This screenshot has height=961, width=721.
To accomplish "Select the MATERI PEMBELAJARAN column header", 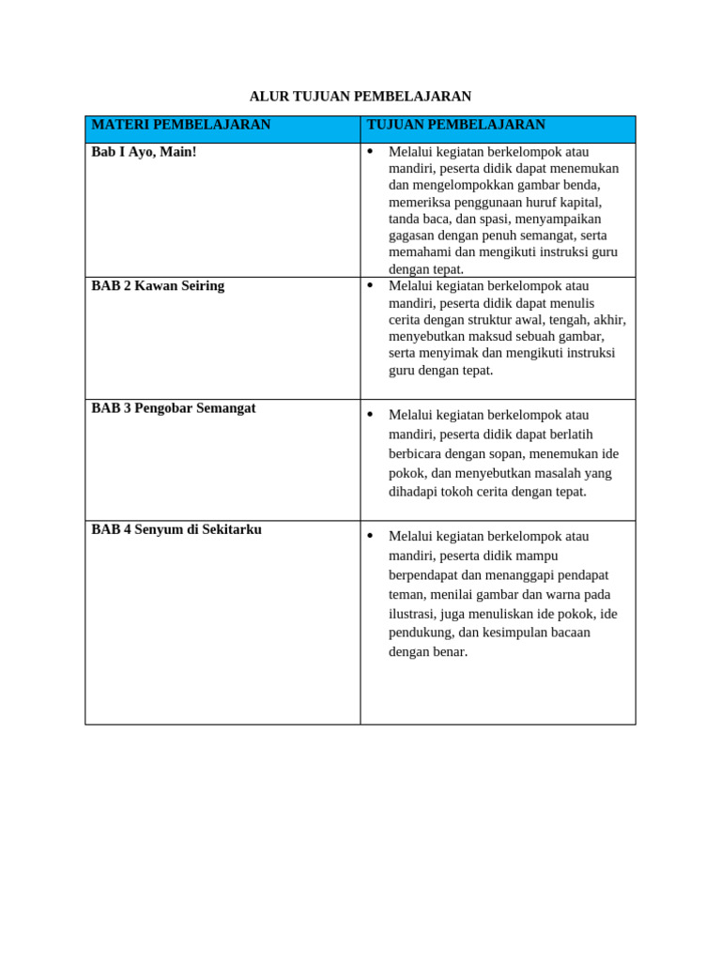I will (x=180, y=125).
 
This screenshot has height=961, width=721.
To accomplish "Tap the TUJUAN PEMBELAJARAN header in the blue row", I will (x=455, y=125).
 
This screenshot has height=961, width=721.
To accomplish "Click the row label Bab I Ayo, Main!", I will (x=144, y=152).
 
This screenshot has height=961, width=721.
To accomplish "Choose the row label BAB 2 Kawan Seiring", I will (x=158, y=286).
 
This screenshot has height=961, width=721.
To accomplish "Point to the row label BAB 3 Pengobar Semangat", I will (x=173, y=409).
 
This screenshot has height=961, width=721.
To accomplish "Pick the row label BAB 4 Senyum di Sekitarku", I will (x=176, y=530).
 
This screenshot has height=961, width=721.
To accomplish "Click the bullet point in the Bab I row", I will (x=370, y=151).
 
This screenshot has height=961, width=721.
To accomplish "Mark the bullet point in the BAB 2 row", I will (x=370, y=285).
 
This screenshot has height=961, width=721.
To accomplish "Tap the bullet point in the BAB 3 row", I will (x=370, y=414).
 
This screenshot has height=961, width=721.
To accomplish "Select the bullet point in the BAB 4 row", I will (x=370, y=535).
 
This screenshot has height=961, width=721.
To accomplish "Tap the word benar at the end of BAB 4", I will (x=447, y=652).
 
